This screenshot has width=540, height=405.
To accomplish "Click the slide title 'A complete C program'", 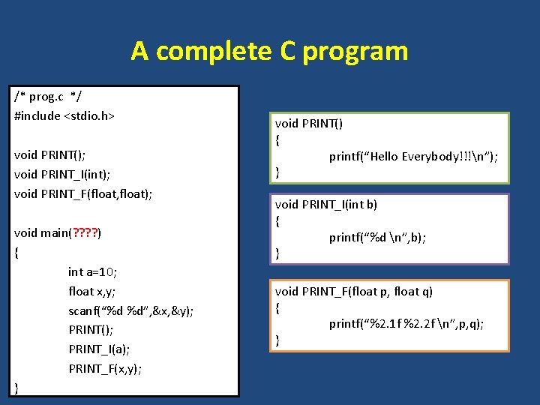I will coord(269,51).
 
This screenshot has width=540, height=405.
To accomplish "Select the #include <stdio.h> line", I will coord(64,116).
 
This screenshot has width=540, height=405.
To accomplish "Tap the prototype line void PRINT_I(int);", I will coord(62,174).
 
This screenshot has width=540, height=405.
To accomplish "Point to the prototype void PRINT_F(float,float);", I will coord(83,193).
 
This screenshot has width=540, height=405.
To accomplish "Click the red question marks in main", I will coord(85,232).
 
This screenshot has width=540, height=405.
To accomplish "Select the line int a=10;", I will coord(93,271).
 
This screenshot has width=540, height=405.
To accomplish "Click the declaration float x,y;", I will coord(91,291).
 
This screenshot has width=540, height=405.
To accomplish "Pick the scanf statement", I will coord(130,310).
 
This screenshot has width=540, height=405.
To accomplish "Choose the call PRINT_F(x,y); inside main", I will coord(105,368).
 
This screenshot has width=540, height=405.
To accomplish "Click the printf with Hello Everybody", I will coord(413,156).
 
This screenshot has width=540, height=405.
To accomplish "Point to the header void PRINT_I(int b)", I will coord(326,204).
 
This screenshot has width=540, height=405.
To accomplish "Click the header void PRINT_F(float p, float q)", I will coord(354,291).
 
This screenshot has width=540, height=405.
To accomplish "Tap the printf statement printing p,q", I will coord(406,324).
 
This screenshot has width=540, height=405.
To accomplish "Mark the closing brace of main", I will coord(17,387).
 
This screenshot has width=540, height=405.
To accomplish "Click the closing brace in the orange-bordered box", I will coord(278,340).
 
